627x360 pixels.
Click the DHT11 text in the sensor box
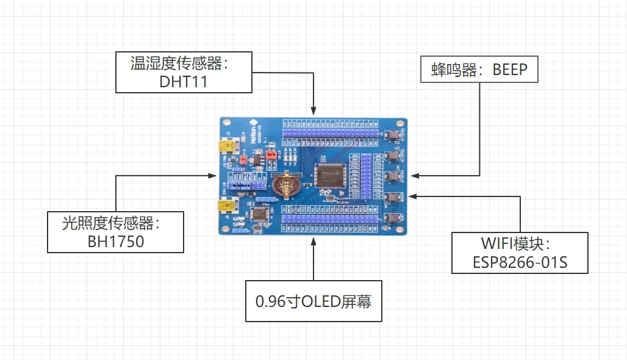[x=184, y=82]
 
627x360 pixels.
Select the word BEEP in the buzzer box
[x=516, y=70]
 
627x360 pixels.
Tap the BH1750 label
[x=116, y=241]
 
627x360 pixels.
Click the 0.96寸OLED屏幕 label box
[x=313, y=301]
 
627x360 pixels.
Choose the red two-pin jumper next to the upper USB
[x=243, y=159]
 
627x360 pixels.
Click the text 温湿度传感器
[x=183, y=63]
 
